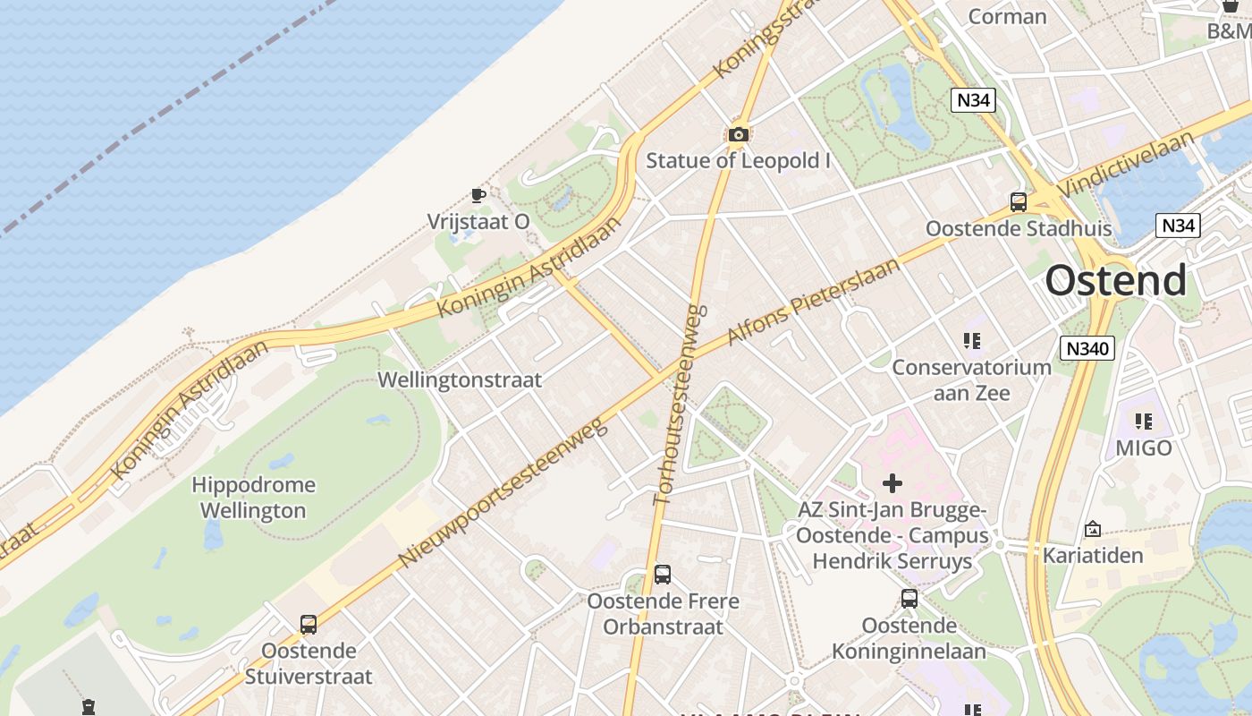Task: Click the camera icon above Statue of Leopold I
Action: (x=738, y=134)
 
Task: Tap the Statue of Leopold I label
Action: (x=738, y=161)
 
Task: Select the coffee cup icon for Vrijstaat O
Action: (x=478, y=194)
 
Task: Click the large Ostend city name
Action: (x=1116, y=280)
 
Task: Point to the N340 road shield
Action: (x=1087, y=348)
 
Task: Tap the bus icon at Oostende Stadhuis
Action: (x=1018, y=201)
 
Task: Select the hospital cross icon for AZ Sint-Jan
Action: (x=892, y=483)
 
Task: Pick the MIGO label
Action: (x=1143, y=447)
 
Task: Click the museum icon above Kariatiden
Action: (x=1092, y=529)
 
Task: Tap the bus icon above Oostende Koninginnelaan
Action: (x=909, y=598)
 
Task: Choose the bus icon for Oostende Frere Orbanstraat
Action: (x=662, y=574)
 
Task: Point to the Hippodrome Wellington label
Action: (x=253, y=498)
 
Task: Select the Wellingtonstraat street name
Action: (x=460, y=379)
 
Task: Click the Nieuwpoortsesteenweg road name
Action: (x=503, y=491)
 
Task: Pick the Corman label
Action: (x=1007, y=16)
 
